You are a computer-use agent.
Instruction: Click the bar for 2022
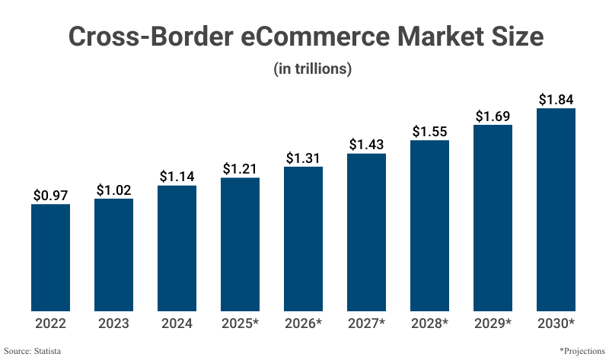[x=50, y=257]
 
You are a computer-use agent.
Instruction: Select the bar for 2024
[x=177, y=248]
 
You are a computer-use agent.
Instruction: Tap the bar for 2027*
[x=367, y=232]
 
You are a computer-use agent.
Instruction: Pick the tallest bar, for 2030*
[x=556, y=209]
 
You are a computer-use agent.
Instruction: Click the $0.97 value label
[x=50, y=196]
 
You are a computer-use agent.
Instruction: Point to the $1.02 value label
[x=113, y=190]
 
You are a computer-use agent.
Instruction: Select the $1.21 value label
[x=241, y=169]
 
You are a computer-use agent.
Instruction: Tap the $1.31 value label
[x=304, y=158]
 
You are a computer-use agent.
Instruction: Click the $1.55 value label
[x=430, y=132]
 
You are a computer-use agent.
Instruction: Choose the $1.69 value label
[x=493, y=116]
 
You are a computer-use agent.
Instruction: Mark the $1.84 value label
[x=556, y=100]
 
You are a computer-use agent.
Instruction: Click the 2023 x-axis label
[x=113, y=323]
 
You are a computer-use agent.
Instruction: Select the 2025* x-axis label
[x=241, y=323]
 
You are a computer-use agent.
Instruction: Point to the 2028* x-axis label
[x=430, y=323]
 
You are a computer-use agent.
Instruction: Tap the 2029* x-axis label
[x=493, y=323]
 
